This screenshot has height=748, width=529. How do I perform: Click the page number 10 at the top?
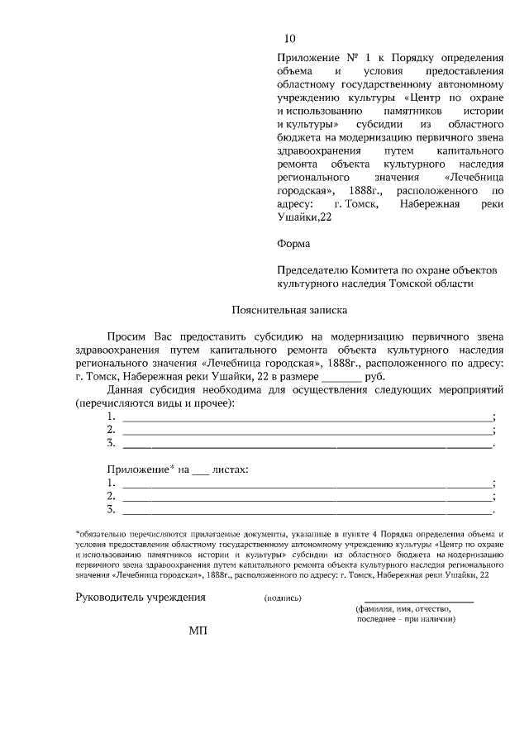pyautogui.click(x=288, y=39)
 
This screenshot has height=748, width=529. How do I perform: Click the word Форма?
pyautogui.click(x=293, y=244)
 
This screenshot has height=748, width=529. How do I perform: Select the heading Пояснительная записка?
pyautogui.click(x=288, y=311)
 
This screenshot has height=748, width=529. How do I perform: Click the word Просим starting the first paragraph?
pyautogui.click(x=127, y=336)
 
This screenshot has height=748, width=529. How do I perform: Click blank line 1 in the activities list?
pyautogui.click(x=307, y=418)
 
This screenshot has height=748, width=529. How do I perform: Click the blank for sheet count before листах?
pyautogui.click(x=201, y=471)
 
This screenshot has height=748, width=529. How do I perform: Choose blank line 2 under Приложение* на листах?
pyautogui.click(x=307, y=498)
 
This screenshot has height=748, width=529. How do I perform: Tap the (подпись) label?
pyautogui.click(x=283, y=598)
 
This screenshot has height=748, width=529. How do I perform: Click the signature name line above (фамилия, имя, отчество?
pyautogui.click(x=418, y=602)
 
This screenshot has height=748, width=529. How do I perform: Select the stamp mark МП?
pyautogui.click(x=198, y=631)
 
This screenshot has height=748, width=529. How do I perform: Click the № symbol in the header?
pyautogui.click(x=349, y=58)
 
